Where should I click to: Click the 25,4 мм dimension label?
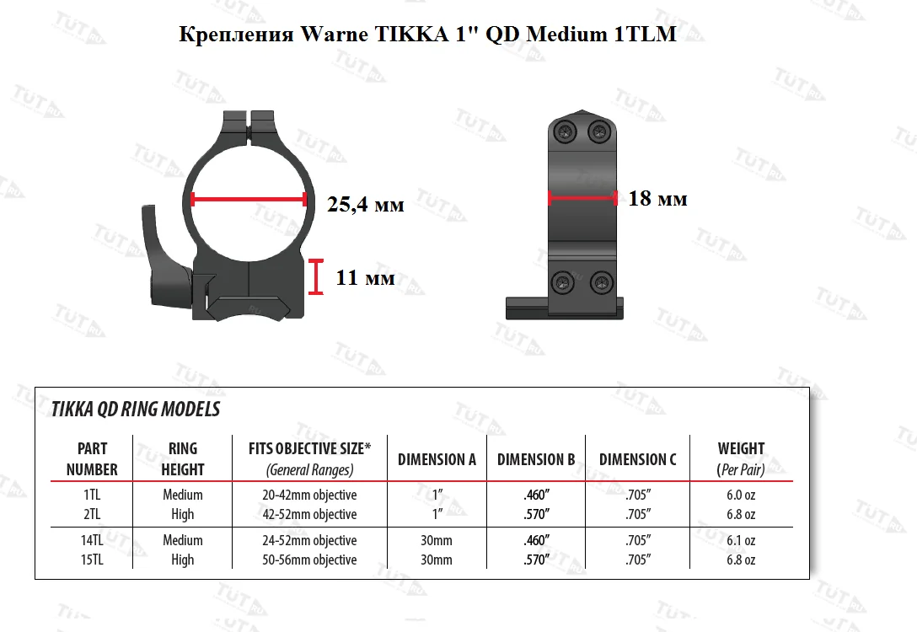[x=365, y=205]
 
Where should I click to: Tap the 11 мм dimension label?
[x=365, y=277]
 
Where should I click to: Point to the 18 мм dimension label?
[x=657, y=199]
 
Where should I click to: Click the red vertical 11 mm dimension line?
[x=316, y=277]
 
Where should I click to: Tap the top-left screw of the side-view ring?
[x=565, y=131]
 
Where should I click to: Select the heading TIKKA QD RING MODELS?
[x=136, y=410]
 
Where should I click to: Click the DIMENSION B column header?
[x=536, y=459]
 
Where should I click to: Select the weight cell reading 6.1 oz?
[x=741, y=540]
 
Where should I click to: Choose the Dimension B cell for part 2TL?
[x=536, y=514]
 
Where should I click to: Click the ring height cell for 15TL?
[x=182, y=560]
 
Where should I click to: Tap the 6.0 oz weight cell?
[x=741, y=495]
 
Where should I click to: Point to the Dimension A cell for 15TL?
[x=437, y=560]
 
